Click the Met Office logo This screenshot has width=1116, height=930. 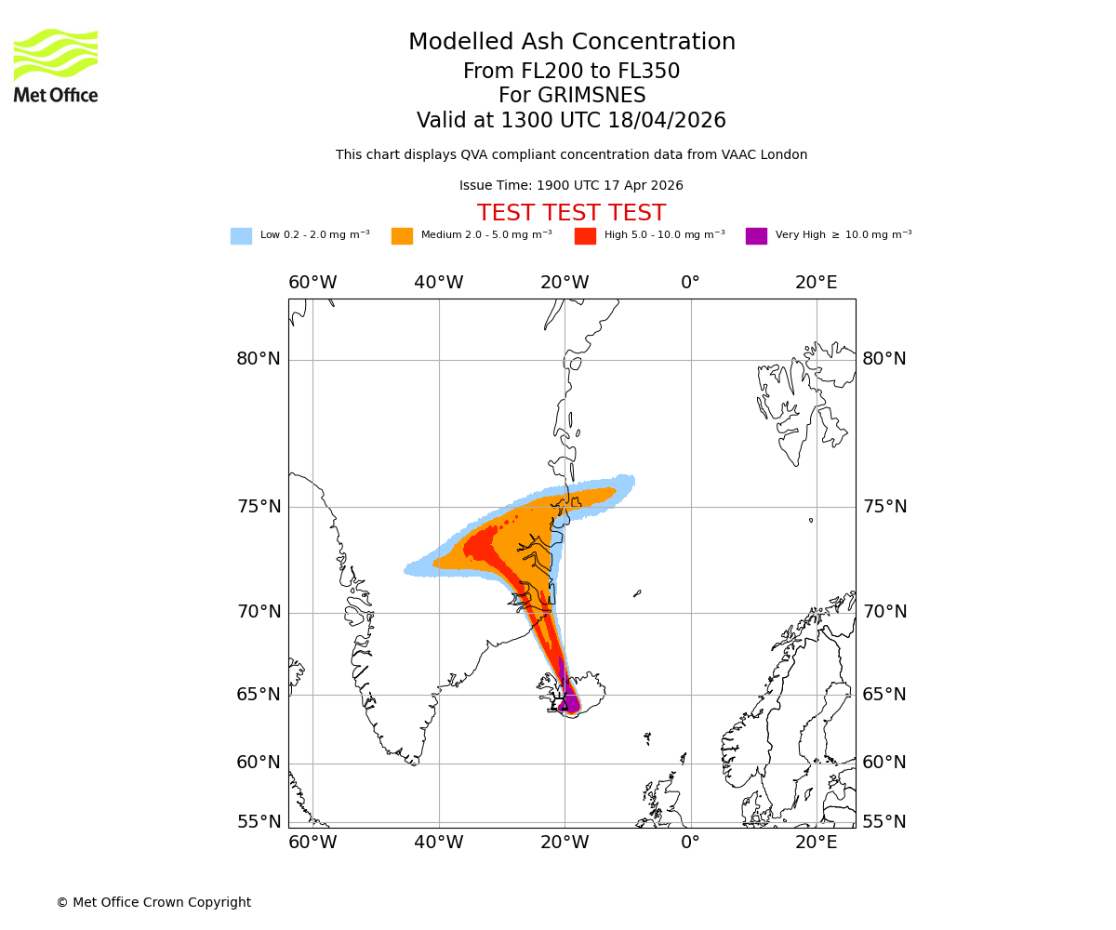[x=56, y=65]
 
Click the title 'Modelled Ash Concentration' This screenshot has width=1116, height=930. [x=571, y=43]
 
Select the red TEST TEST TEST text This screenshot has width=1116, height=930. [x=571, y=214]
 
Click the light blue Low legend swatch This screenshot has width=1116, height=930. [x=241, y=236]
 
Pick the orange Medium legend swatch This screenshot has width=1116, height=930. [x=402, y=236]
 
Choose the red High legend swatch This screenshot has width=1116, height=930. [x=585, y=236]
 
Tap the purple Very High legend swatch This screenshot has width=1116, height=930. [x=756, y=236]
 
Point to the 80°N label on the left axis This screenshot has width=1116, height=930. [x=258, y=359]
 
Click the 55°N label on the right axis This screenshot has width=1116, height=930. [x=883, y=822]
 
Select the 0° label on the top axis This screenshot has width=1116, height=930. [x=690, y=283]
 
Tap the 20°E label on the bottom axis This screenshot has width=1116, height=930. [x=816, y=843]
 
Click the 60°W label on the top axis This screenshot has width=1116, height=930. [x=312, y=283]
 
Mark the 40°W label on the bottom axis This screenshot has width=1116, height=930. [x=438, y=843]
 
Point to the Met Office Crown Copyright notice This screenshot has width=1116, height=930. [x=153, y=903]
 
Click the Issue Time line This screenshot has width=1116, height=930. [x=571, y=186]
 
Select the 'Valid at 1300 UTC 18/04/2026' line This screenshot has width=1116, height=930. [x=571, y=121]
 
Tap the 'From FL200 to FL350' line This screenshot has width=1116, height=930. [x=571, y=72]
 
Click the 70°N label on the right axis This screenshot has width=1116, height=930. [x=883, y=612]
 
